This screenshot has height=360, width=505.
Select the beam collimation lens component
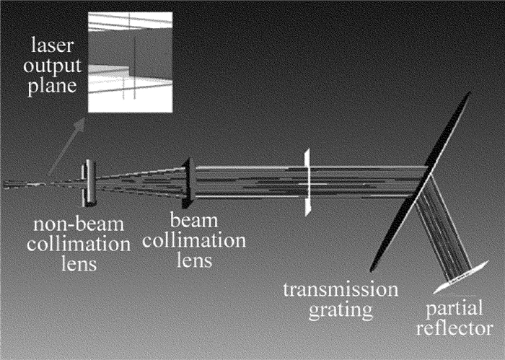pos(188,181)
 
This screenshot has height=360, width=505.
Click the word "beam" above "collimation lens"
pos(190,218)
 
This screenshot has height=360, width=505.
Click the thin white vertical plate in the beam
pos(307,182)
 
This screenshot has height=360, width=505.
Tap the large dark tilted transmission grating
pos(422,180)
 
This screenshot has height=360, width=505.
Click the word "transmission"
pos(340,291)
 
